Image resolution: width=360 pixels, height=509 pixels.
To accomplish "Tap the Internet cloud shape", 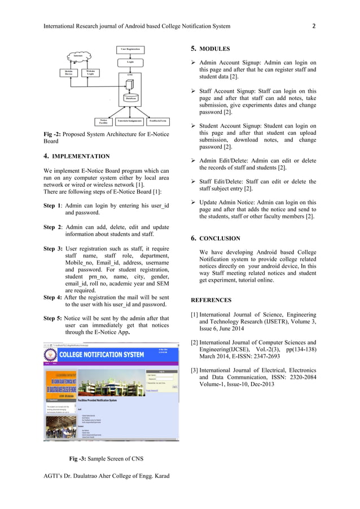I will [x=78, y=56].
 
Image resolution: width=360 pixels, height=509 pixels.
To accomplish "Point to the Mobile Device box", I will [x=68, y=72].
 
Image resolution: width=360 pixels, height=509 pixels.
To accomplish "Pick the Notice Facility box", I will [x=103, y=121].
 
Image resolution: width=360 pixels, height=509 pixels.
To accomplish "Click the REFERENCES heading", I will [x=211, y=300].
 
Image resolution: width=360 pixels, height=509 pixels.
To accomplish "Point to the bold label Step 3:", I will [x=53, y=249].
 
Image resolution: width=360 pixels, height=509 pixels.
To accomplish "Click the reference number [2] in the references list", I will [x=194, y=343].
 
